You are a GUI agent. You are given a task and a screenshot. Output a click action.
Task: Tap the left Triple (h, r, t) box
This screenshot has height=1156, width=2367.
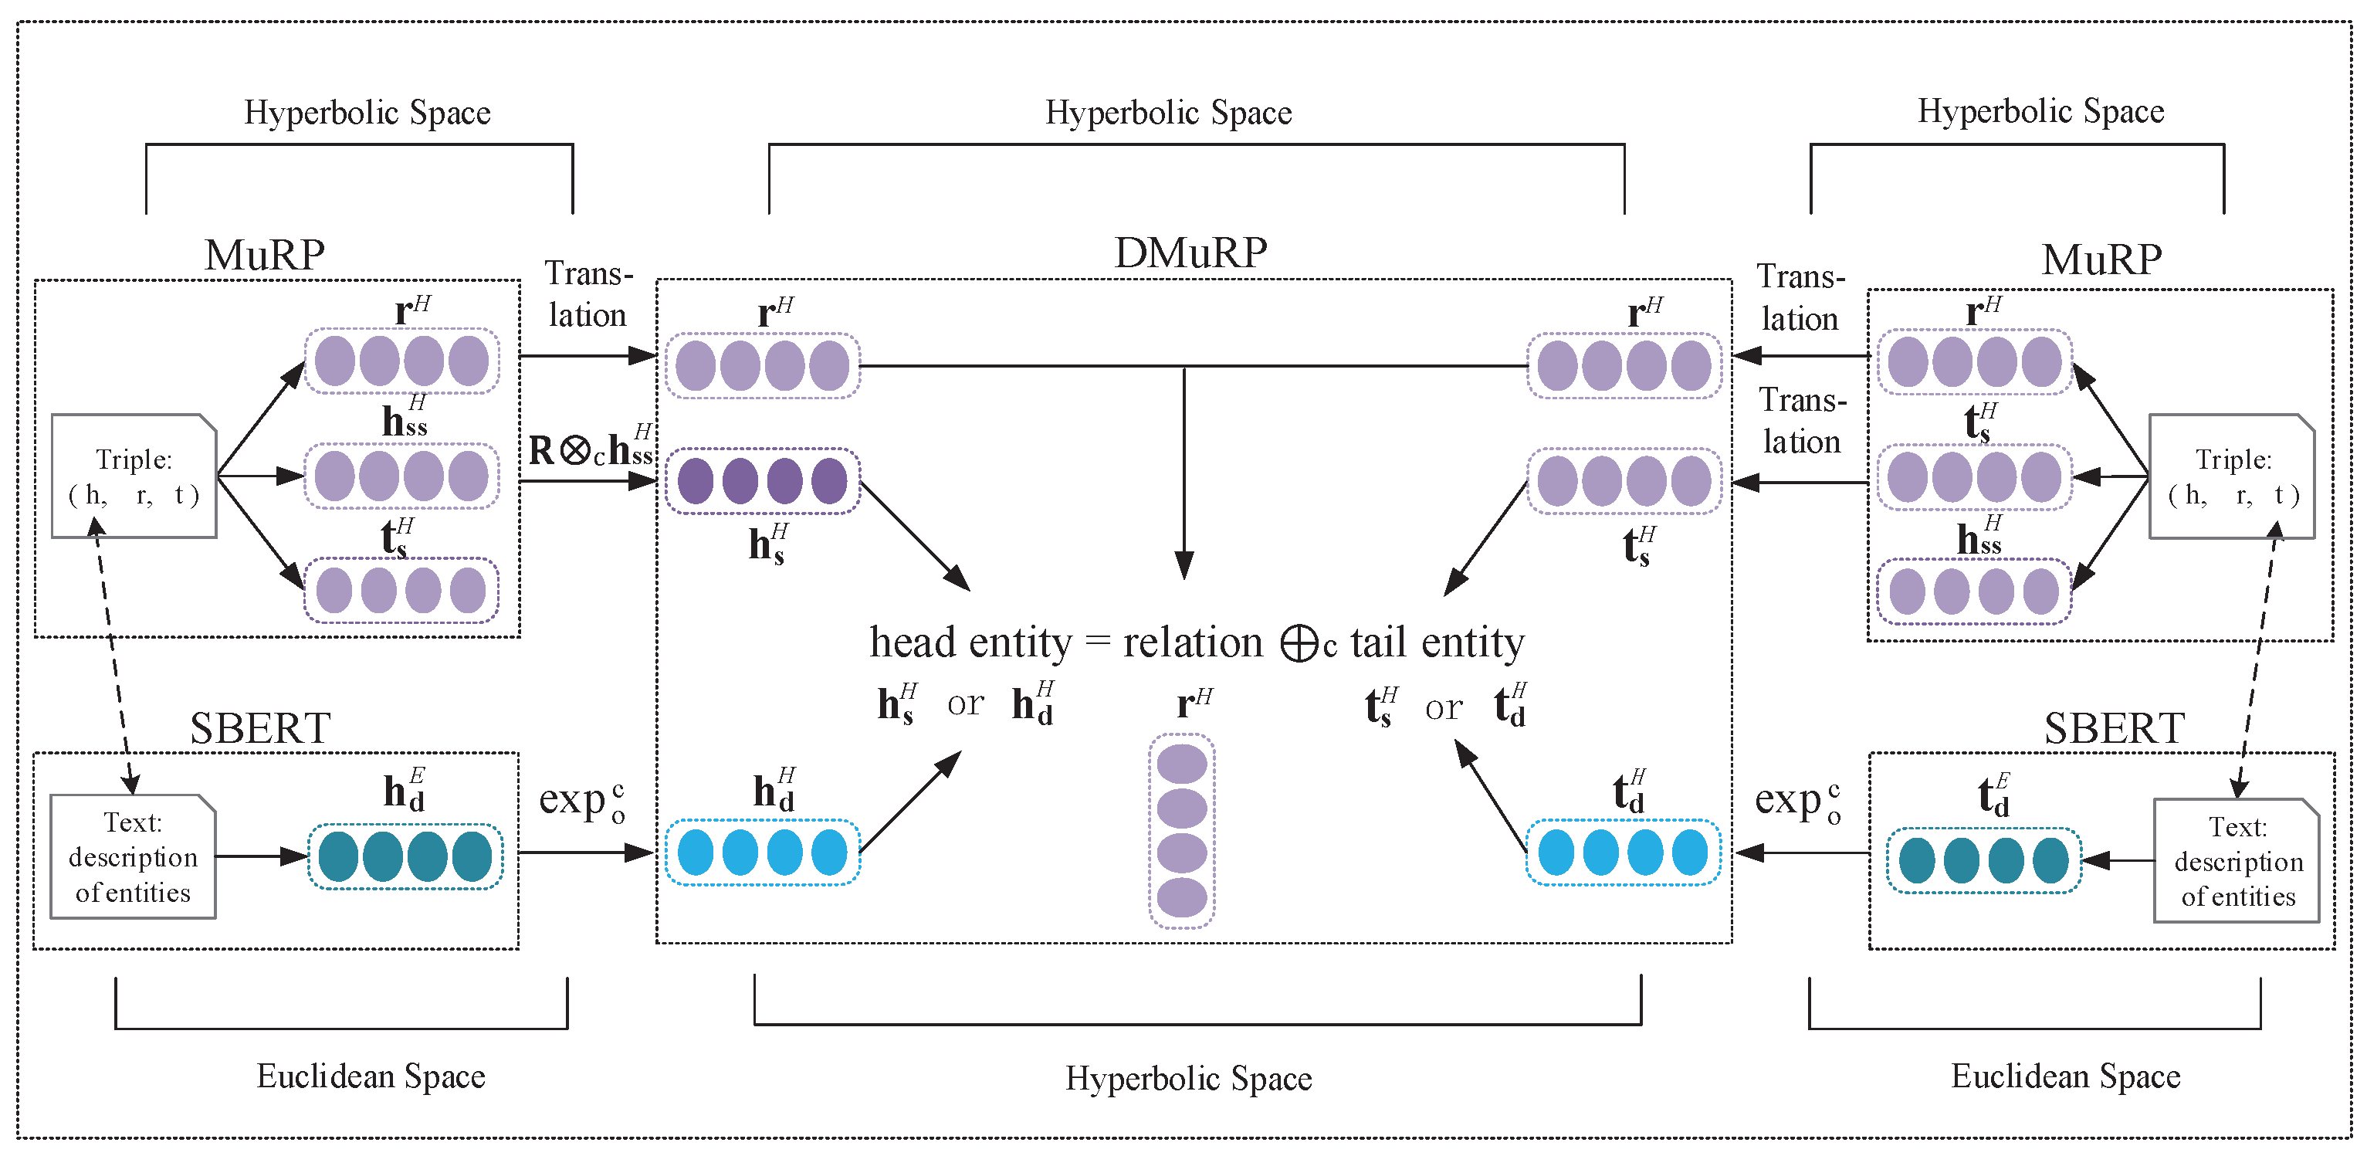click(134, 476)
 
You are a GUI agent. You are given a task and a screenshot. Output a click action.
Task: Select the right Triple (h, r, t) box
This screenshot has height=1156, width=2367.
click(2232, 476)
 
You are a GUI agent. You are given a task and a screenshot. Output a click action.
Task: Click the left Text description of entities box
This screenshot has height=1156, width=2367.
click(134, 856)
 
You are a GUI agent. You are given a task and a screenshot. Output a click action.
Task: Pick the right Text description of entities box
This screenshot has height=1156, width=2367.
click(2237, 860)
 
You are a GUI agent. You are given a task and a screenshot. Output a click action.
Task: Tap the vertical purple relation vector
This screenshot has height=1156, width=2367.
click(1182, 831)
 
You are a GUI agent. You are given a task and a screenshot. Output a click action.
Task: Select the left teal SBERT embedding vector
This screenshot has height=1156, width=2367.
click(405, 856)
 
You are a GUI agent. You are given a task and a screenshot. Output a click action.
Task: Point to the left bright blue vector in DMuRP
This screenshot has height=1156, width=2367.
click(763, 853)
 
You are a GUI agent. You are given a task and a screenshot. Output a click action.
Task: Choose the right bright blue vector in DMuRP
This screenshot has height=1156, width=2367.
click(1623, 853)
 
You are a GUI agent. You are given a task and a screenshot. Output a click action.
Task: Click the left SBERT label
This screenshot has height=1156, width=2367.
click(260, 729)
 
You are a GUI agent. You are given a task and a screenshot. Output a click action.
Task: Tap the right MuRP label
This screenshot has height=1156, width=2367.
click(2101, 259)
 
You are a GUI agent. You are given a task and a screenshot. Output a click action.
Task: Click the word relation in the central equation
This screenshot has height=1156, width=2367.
click(1192, 642)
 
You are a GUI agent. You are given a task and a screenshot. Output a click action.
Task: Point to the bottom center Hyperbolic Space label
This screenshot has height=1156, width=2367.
click(1188, 1078)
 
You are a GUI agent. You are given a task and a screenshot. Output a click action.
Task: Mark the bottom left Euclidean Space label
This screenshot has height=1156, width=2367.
click(371, 1076)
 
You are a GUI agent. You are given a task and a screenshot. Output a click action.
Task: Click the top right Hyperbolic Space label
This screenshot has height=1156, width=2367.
click(2040, 111)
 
